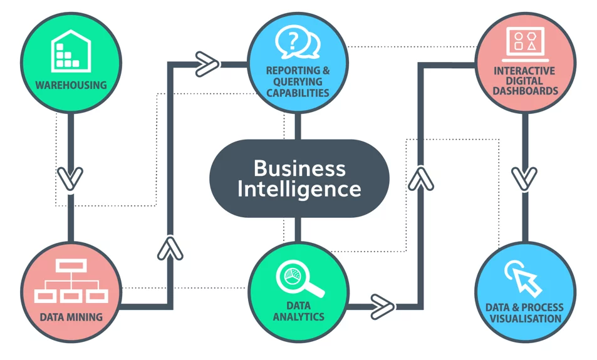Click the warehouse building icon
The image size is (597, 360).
point(71,51)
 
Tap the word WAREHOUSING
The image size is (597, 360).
point(71,85)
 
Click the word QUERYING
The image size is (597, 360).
point(298,81)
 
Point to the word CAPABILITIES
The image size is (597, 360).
point(298,93)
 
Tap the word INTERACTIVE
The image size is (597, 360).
point(525,71)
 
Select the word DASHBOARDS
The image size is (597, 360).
point(526,91)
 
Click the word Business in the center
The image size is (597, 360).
point(299,168)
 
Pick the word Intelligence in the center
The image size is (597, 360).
point(299,189)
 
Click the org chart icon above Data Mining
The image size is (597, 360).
point(71,281)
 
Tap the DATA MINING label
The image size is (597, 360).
point(71,317)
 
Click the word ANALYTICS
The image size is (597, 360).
point(299,317)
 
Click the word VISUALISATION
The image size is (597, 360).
point(526,319)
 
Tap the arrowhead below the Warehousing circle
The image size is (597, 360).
point(70,178)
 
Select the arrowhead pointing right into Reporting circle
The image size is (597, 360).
point(207,64)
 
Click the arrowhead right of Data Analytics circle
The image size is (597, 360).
point(383,306)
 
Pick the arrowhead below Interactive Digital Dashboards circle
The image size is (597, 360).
point(525,178)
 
